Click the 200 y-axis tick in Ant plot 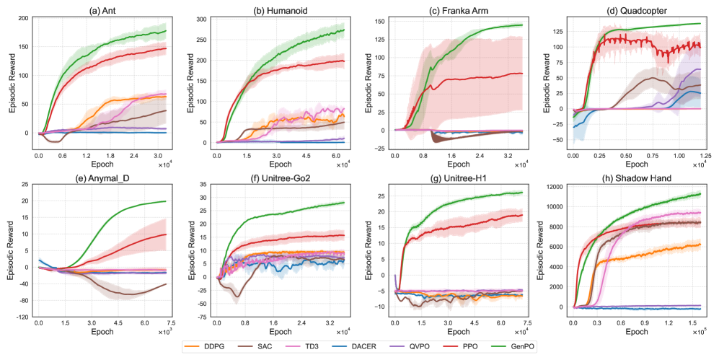tap(23, 17)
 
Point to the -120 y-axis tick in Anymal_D tap(22, 317)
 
